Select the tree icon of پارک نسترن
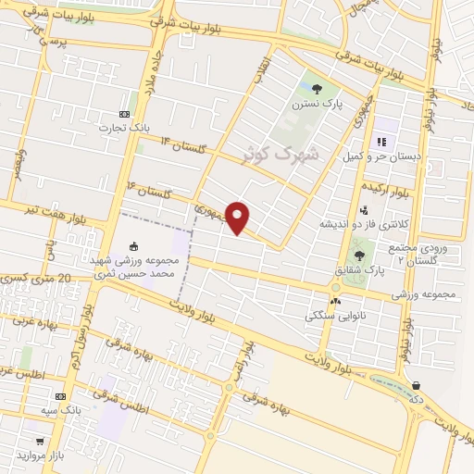318,90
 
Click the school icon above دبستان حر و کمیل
380,142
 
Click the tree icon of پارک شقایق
359,255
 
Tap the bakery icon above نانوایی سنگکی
335,301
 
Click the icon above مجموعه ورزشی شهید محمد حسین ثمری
133,246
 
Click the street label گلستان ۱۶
148,190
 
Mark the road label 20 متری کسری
37,278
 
